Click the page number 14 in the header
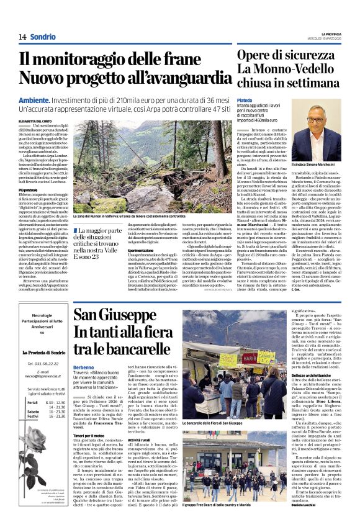click(22, 37)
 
